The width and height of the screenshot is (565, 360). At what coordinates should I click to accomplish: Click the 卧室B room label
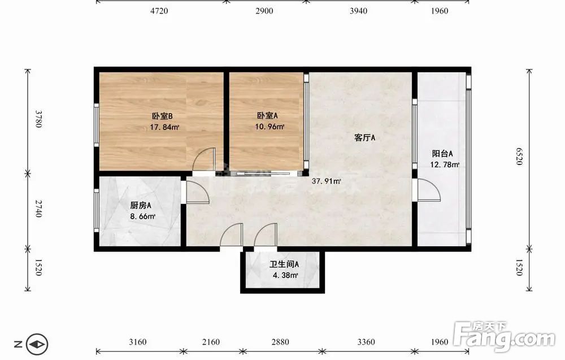pyautogui.click(x=162, y=116)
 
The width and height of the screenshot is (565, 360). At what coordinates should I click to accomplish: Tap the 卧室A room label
pyautogui.click(x=267, y=116)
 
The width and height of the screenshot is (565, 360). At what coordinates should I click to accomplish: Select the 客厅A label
pyautogui.click(x=364, y=138)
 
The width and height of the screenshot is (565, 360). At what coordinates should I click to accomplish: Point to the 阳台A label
pyautogui.click(x=442, y=154)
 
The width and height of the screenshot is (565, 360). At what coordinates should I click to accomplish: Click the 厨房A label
pyautogui.click(x=141, y=205)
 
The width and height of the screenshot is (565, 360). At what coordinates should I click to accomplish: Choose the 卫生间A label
pyautogui.click(x=284, y=264)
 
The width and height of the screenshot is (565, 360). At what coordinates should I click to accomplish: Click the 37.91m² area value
pyautogui.click(x=326, y=181)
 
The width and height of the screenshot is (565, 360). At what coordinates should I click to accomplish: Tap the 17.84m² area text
pyautogui.click(x=164, y=127)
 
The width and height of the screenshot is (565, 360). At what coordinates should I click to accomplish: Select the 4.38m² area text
pyautogui.click(x=285, y=276)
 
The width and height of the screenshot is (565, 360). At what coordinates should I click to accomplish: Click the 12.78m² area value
pyautogui.click(x=445, y=165)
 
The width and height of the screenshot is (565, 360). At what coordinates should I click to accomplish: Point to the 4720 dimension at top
pyautogui.click(x=159, y=11)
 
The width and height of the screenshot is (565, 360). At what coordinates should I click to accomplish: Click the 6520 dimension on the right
pyautogui.click(x=519, y=157)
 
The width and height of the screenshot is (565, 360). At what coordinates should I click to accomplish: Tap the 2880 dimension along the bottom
pyautogui.click(x=280, y=341)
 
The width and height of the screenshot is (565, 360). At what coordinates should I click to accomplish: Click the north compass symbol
pyautogui.click(x=37, y=344)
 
